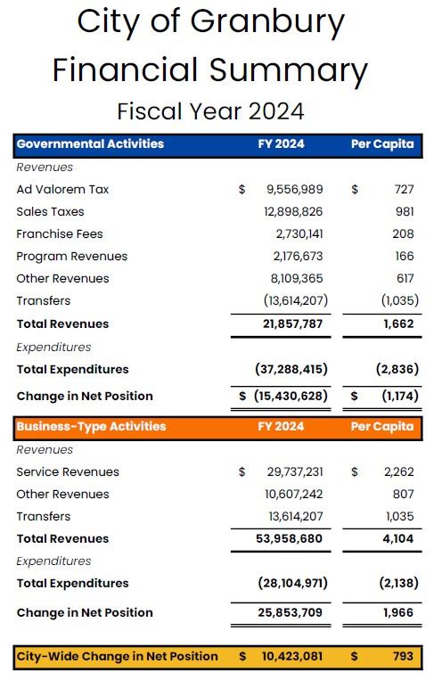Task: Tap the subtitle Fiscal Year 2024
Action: point(210,111)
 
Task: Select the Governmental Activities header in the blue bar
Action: point(90,144)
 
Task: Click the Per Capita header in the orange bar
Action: point(382,427)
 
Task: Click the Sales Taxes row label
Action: point(50,212)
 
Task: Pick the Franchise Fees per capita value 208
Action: point(403,234)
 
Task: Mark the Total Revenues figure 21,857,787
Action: point(288,324)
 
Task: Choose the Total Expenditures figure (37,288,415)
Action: point(291,370)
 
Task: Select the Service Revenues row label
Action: point(67,472)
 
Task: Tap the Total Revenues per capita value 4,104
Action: point(397,539)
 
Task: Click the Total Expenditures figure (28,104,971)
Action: point(291,584)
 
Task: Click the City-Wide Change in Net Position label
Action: point(117,657)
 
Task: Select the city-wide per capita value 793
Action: point(402,657)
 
